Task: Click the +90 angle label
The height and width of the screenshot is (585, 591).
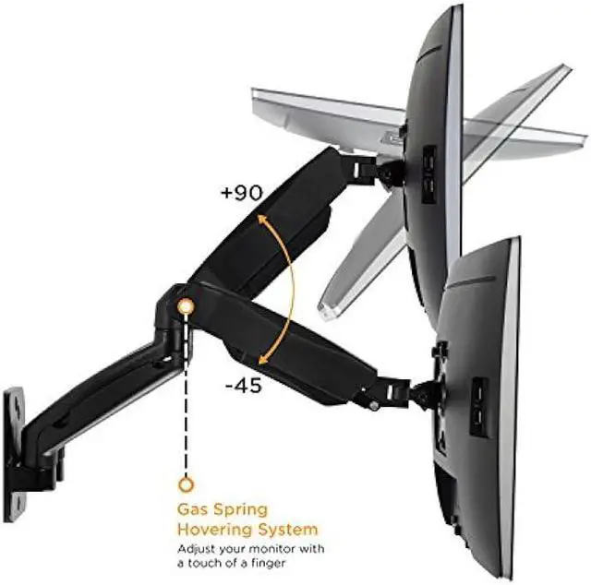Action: [242, 193]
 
